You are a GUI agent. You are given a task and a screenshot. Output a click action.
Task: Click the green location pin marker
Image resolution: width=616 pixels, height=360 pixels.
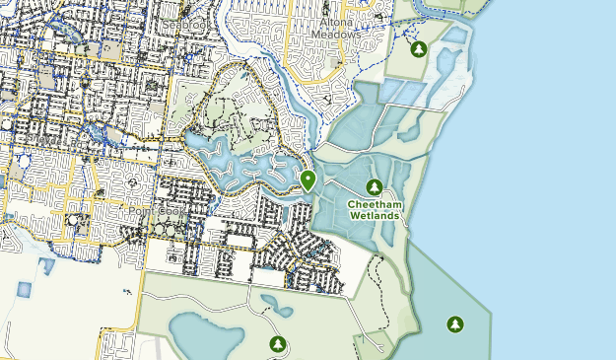[308, 180]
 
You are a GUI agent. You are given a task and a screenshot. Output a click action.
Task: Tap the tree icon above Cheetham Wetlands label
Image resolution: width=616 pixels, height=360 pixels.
[374, 186]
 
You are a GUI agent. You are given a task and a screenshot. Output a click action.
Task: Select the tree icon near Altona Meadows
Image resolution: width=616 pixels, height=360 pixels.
[419, 48]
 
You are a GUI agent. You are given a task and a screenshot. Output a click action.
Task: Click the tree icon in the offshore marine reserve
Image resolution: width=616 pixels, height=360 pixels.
[454, 323]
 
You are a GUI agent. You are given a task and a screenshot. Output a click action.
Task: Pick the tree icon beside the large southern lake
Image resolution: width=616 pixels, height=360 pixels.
[277, 343]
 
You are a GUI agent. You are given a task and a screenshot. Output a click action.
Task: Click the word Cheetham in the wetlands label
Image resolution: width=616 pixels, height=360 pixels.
[374, 204]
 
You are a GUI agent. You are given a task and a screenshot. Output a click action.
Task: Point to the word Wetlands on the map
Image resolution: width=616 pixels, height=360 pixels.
[374, 215]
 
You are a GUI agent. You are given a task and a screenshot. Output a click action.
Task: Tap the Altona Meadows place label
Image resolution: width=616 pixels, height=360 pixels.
[337, 27]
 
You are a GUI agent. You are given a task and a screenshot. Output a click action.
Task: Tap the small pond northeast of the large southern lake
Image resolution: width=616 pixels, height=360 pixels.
[277, 308]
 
